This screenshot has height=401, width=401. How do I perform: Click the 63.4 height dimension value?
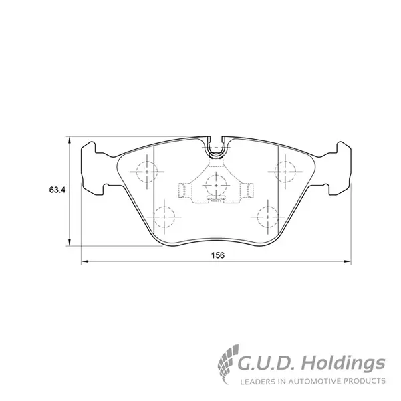[x=57, y=190]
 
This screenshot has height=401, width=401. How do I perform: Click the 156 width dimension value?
[x=218, y=255]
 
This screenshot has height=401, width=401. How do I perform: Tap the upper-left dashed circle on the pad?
[x=147, y=172]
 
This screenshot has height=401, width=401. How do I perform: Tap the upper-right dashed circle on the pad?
[x=285, y=172]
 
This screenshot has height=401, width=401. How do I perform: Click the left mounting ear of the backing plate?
[x=93, y=169]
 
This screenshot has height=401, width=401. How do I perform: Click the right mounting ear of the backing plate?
[x=340, y=169]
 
